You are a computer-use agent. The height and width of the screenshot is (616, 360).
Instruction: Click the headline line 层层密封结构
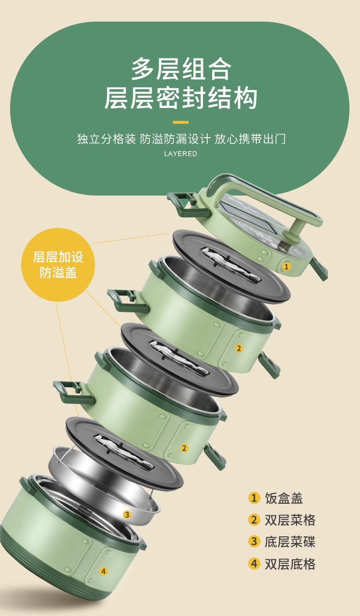(x=181, y=98)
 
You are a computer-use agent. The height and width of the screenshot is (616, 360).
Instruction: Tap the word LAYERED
(x=180, y=154)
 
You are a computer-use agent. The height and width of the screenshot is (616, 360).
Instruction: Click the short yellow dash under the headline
(x=180, y=122)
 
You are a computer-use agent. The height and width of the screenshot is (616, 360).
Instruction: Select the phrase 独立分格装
(x=107, y=139)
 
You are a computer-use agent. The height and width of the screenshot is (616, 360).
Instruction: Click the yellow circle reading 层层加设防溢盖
(x=58, y=264)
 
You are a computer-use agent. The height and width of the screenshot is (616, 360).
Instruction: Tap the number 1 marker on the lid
(x=287, y=266)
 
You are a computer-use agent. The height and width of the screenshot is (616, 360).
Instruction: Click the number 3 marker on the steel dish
(x=127, y=515)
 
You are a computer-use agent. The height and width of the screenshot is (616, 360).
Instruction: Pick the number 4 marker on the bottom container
(x=103, y=571)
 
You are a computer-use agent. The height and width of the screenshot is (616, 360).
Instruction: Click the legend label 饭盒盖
(x=284, y=498)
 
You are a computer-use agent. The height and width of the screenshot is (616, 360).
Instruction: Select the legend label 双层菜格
(x=290, y=520)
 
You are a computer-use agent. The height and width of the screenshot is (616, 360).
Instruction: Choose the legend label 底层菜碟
(x=290, y=542)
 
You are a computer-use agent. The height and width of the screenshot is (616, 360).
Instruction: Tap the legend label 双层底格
(x=290, y=564)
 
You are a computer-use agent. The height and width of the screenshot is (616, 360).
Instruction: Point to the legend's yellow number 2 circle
(x=254, y=520)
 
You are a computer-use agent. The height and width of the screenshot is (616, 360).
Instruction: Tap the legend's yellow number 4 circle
(x=254, y=564)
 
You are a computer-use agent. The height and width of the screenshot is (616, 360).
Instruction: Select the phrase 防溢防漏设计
(x=175, y=139)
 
